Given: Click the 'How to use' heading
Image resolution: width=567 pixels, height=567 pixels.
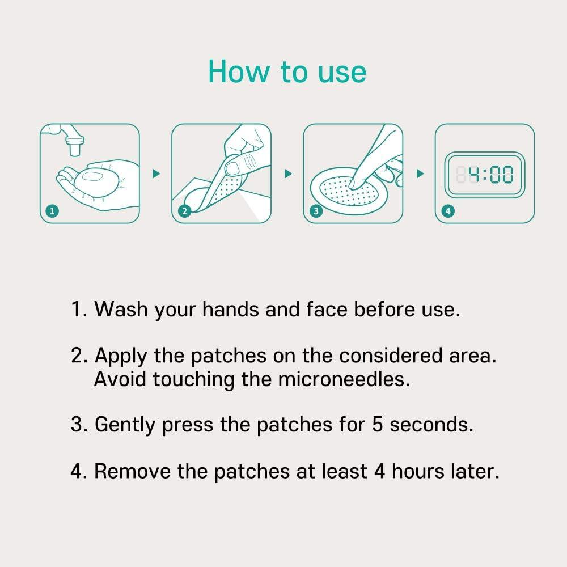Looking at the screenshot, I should coord(287,72).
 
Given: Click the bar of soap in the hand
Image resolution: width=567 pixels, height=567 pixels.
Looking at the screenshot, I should coord(91,178).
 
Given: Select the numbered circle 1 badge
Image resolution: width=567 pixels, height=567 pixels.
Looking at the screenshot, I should coord(52,211).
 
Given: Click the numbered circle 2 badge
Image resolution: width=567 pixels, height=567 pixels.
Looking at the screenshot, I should coord(184,211).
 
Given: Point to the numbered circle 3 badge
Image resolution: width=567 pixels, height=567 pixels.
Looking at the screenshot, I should coord(316,211).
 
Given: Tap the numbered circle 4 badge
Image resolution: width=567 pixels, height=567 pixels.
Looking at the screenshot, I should coord(448,211).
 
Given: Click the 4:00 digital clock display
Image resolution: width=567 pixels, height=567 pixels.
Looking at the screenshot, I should coord(485,175).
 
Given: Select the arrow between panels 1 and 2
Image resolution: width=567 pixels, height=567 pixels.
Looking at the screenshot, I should coord(156,174).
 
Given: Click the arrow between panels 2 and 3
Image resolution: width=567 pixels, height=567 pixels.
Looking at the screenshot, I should coord(287,174).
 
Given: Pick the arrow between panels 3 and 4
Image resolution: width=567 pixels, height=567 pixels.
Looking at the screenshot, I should coord(420,174).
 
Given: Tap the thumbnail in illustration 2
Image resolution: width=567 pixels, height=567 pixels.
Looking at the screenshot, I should coord(232,167).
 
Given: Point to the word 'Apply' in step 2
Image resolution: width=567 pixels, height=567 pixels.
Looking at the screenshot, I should coord(119,357).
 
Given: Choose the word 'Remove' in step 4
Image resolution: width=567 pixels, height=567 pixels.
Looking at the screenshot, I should coord(132,471).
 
